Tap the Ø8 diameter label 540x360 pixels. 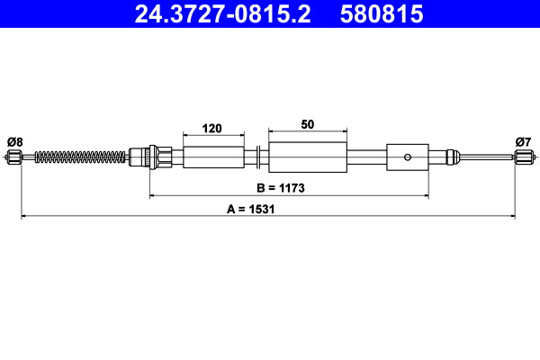point(14,140)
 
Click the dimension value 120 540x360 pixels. point(212,129)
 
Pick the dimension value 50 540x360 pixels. point(308,126)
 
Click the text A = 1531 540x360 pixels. point(249,209)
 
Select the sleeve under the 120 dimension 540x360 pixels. point(213,157)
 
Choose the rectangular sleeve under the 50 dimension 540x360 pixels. point(308,157)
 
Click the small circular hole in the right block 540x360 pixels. point(408,157)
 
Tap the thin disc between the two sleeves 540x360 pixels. point(258,157)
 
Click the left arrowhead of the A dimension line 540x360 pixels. point(22,217)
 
